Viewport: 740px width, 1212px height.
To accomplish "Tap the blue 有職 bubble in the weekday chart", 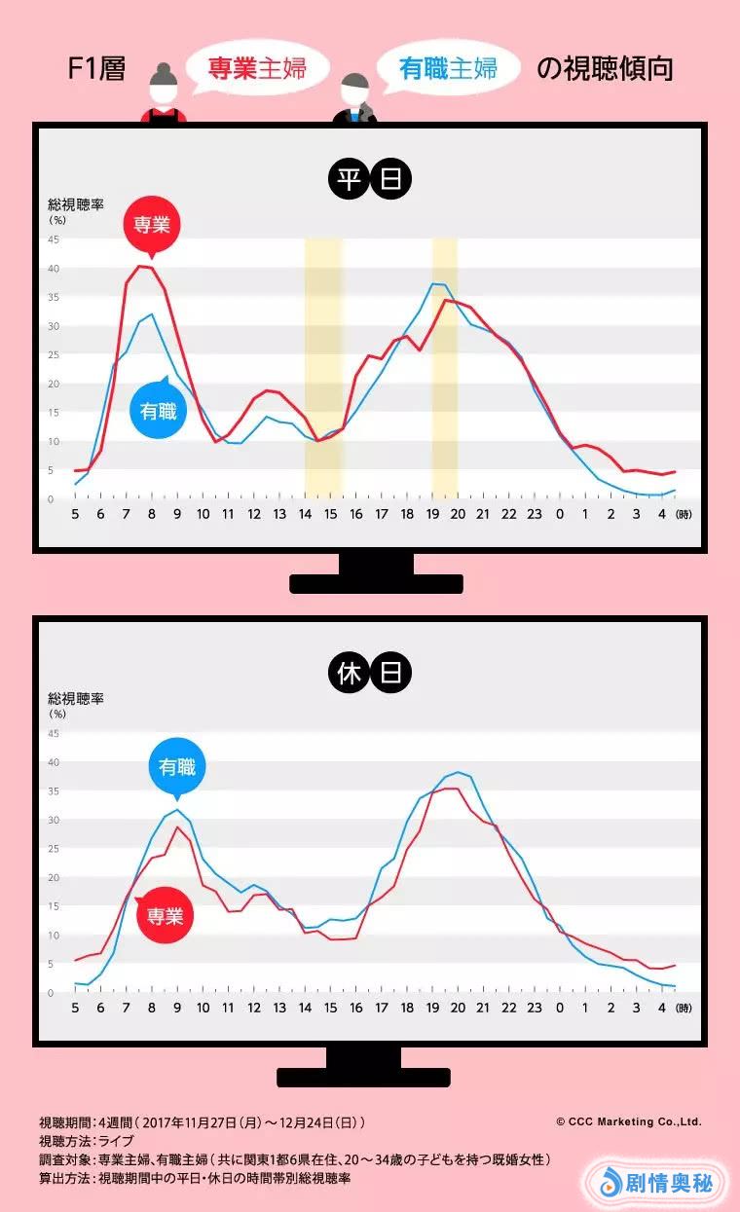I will tap(158, 410).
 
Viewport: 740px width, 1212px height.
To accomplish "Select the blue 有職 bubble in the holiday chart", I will tap(177, 768).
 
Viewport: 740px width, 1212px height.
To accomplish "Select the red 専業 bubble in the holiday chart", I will tap(164, 915).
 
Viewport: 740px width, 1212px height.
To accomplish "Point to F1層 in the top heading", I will tap(98, 70).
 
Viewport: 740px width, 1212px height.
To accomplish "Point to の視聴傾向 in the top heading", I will tap(605, 69).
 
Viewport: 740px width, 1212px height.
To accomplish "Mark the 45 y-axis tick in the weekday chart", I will tap(54, 239).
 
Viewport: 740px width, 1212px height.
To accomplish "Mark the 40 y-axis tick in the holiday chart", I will tap(54, 762).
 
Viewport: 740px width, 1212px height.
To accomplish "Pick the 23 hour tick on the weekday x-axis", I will tap(535, 514).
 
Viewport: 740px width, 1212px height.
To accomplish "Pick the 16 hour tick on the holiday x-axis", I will tap(356, 1008).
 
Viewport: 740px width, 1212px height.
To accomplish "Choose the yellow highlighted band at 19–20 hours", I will tap(445, 368).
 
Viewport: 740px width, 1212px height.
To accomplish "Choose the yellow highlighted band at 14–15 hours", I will tap(323, 368).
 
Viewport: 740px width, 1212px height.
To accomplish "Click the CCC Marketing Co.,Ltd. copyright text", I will tap(628, 1121).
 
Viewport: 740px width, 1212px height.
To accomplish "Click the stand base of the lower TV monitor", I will tap(363, 1078).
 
